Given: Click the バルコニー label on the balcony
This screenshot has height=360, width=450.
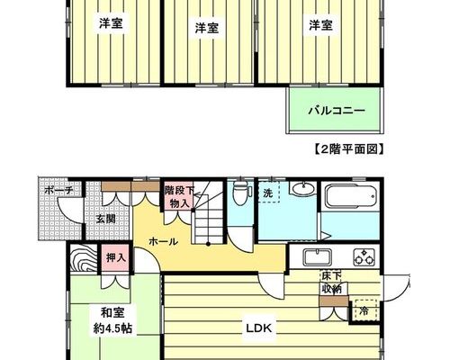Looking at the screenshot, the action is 337,112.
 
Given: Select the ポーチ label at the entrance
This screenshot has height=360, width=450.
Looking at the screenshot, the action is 58,190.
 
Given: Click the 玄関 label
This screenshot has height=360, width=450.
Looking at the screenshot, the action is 105,219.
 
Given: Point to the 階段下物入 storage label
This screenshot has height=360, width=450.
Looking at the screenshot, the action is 179,196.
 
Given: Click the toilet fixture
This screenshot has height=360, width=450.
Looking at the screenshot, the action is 239,193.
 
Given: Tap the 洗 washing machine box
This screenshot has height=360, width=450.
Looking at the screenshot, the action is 268,192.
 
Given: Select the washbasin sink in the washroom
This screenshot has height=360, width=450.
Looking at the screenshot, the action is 303,188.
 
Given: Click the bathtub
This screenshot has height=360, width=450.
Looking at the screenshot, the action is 351,196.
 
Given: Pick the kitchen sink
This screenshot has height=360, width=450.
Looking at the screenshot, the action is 318,257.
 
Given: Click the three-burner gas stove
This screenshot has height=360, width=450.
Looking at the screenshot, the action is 364,257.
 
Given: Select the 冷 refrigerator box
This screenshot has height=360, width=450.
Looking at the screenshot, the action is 364,310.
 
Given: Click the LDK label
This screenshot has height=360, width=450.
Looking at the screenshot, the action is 259,328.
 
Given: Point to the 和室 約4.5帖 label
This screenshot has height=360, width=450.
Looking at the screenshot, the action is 112,320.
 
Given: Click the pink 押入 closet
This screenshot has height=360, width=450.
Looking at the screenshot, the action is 115,257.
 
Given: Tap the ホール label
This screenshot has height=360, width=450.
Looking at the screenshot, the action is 164,241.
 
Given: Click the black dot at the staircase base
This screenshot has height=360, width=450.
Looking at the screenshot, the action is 208,244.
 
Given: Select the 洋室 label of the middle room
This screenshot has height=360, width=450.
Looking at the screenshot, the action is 207,28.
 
